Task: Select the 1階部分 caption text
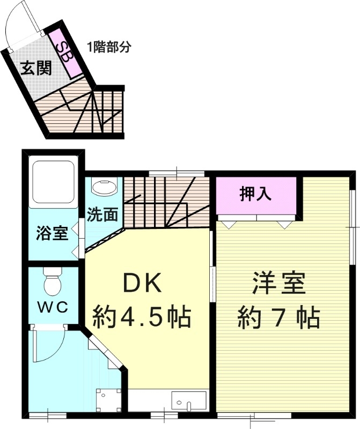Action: [x=109, y=46]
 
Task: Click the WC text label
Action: [x=52, y=307]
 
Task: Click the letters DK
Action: [x=142, y=283]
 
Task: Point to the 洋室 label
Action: [x=279, y=283]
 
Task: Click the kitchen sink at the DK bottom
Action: [x=189, y=401]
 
